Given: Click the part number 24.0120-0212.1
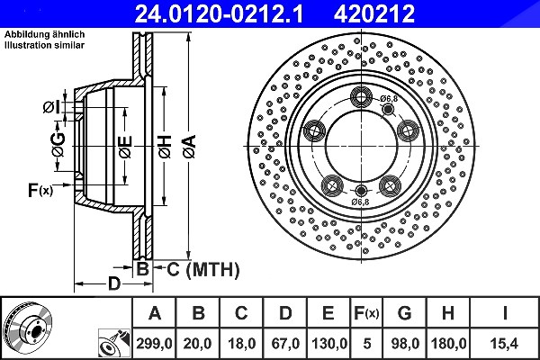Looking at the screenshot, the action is (219, 13).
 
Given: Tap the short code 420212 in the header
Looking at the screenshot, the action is (374, 13).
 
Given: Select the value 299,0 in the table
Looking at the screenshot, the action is (154, 344).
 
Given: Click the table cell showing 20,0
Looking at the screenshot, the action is (197, 344).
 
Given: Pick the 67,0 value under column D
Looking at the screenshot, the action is (285, 344).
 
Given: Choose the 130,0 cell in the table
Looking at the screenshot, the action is (328, 344).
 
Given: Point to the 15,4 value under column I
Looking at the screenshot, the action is (505, 344).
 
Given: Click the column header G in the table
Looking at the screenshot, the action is (404, 313).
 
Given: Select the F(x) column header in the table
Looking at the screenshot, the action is (366, 313).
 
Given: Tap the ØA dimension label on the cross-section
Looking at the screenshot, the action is (190, 147).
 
